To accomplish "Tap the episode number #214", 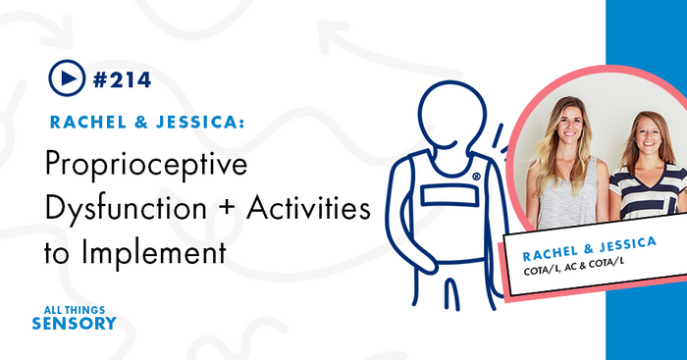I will tap(122, 78).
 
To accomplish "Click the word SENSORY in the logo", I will tap(74, 323).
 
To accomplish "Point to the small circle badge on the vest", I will tap(476, 178).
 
